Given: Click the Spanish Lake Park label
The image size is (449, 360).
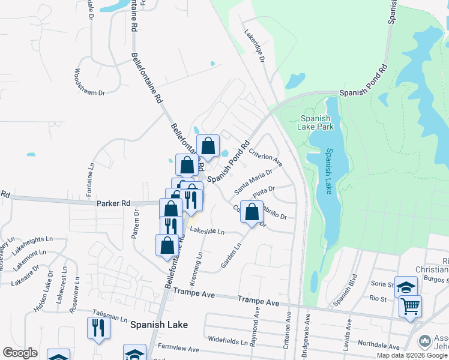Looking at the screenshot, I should pos(316,122).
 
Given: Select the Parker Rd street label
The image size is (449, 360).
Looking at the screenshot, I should pos(113,203).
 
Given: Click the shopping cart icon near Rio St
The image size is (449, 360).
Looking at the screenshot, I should pos(410,306).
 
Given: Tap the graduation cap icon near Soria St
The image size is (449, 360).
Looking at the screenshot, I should pos(406,287).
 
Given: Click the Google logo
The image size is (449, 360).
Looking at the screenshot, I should pos(20,353).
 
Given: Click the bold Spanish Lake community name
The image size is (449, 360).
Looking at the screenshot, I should pos(159,325).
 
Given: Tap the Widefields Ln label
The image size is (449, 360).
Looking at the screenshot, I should pos(228,340).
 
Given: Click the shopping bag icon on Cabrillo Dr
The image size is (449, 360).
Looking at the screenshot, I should pos(252,211).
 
